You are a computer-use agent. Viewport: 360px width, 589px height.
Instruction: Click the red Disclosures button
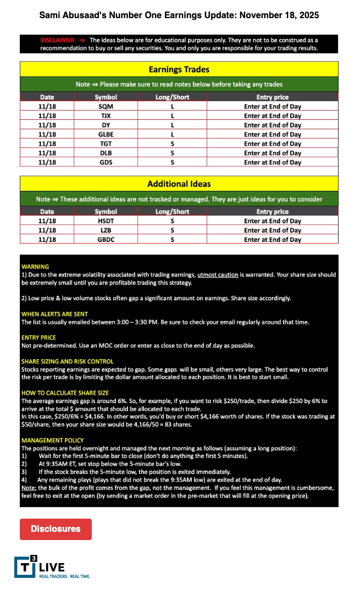coord(56,529)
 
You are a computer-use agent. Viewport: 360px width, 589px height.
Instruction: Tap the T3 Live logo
coord(52,567)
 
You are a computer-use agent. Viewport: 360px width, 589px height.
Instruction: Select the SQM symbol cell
coord(106,107)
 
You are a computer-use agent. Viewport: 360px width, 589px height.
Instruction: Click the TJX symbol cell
coord(106,116)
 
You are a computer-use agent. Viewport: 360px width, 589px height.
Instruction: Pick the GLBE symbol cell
coord(106,135)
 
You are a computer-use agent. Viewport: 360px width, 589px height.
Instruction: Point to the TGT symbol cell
coord(106,144)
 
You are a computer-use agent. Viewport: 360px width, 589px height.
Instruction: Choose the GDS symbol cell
coord(106,163)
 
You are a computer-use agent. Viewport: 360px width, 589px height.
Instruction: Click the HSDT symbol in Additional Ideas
coord(106,221)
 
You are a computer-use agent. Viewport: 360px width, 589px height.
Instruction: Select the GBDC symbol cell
coord(106,240)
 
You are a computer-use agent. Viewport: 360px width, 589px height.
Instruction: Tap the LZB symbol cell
coord(106,230)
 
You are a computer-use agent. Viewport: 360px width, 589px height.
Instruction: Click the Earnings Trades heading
coord(179,70)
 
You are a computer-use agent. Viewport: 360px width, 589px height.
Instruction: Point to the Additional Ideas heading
coord(179,184)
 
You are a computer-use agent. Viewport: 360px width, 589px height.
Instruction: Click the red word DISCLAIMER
coord(57,40)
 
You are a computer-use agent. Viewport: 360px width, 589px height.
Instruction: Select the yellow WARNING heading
coord(35,267)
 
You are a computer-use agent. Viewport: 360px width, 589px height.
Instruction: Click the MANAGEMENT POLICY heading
coord(53,441)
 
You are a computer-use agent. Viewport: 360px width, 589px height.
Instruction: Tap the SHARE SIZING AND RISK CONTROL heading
coord(68,361)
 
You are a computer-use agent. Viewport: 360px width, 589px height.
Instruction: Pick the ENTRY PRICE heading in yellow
coord(38,337)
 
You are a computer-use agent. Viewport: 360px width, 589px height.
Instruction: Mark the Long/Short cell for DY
coord(172,125)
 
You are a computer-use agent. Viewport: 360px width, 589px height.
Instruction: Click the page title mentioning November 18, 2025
coord(179,15)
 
